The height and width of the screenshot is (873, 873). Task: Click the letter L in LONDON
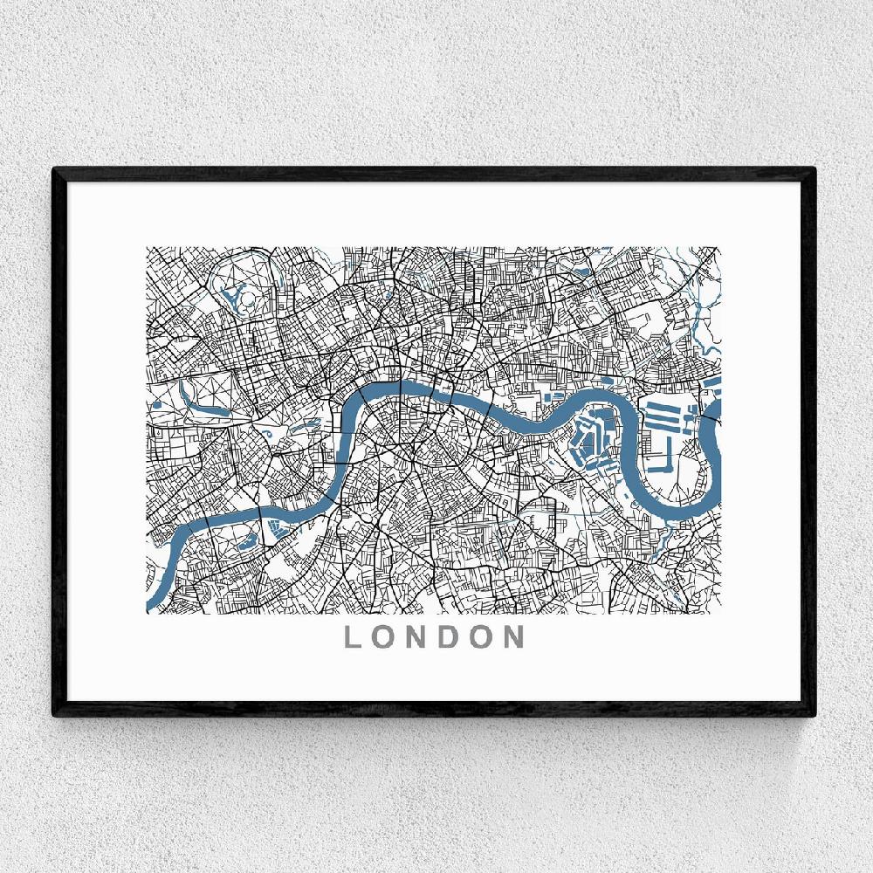pos(354,636)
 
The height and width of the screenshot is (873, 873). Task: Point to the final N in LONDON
pos(512,636)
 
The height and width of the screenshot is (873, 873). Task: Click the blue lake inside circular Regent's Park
pos(233,294)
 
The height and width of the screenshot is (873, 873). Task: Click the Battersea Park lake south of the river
pos(245,542)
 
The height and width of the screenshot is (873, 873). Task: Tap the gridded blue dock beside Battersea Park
pos(279,527)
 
